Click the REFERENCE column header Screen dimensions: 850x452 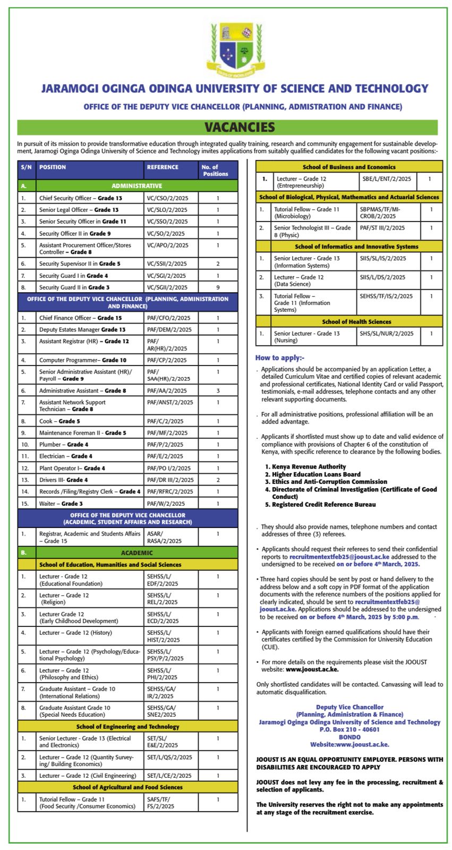point(163,167)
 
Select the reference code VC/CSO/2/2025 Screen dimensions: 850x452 point(167,198)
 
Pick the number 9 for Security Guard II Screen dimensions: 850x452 point(218,287)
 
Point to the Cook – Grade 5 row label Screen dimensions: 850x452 point(59,421)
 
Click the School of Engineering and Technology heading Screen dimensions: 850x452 point(127,726)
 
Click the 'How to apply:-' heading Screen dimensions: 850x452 point(280,358)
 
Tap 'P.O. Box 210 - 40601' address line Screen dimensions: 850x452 point(349,729)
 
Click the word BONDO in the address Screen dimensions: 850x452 point(349,737)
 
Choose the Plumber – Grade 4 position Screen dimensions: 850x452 point(64,445)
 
